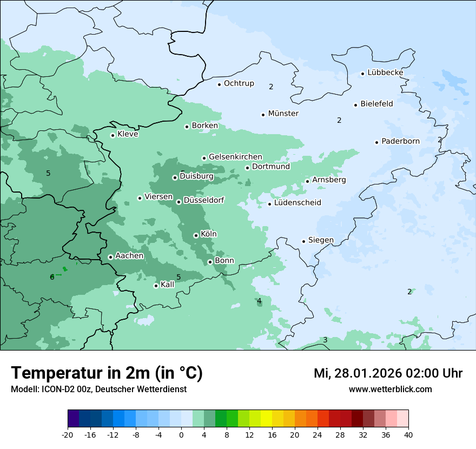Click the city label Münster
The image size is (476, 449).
point(283,114)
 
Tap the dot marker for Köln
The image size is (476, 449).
point(196,235)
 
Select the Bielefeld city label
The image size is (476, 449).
point(376,104)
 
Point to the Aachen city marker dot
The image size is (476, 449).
point(110,257)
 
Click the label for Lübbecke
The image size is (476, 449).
point(385,72)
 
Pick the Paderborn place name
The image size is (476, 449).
point(400,141)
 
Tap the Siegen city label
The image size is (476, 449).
point(321,240)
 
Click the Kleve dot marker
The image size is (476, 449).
point(113,135)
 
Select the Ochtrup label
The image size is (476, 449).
point(239,83)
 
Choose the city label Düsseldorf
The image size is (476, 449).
point(204,200)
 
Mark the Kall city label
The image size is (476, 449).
point(168,285)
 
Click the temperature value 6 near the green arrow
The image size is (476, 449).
point(52,277)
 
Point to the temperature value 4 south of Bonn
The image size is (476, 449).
point(259,301)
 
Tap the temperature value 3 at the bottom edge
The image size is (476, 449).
point(325,340)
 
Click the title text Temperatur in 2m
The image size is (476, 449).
point(107,373)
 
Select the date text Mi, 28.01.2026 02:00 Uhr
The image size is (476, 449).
point(388,373)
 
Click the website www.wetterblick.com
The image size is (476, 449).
point(390,389)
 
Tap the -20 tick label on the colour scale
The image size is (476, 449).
point(68,434)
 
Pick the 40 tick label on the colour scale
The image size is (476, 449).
point(408,434)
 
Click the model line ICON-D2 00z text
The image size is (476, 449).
point(98,389)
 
